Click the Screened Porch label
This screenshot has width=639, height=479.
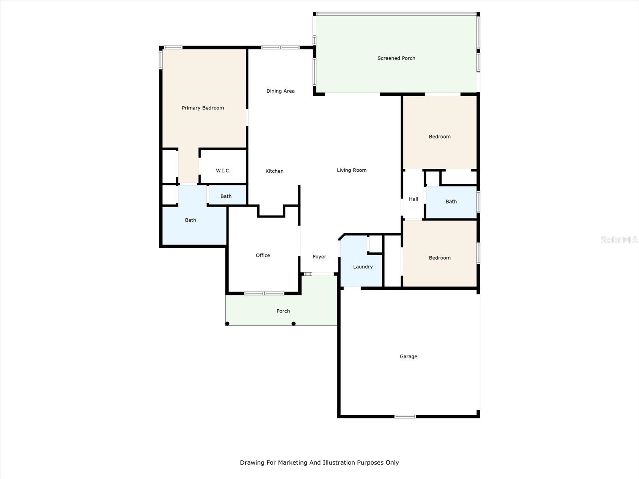point(396,58)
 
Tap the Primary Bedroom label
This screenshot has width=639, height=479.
point(202,108)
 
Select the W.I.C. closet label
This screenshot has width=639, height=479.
point(223,170)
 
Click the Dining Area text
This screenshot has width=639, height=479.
point(280,91)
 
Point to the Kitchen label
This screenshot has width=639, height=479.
point(274,171)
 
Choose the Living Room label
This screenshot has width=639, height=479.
point(351,170)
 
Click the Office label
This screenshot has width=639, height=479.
point(263,255)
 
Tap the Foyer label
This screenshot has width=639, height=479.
point(319,257)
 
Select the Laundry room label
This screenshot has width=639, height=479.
point(363,267)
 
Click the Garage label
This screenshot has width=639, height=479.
point(408,356)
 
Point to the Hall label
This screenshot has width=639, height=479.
point(413,199)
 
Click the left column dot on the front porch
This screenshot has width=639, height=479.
point(227,324)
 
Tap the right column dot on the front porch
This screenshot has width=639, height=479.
point(294,324)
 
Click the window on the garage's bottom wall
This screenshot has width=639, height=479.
point(405,416)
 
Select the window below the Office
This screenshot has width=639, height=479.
point(264,293)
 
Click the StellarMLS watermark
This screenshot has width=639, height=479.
point(619,239)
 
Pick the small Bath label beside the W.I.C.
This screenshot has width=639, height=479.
point(226,196)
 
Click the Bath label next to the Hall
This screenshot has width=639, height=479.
point(451,202)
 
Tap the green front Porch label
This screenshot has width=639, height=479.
point(283,311)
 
